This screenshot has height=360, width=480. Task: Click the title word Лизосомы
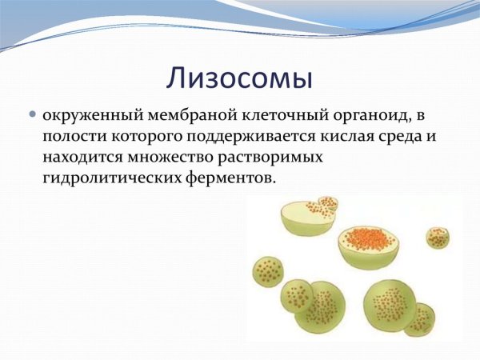click(239, 77)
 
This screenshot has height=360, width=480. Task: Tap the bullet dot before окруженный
click(33, 115)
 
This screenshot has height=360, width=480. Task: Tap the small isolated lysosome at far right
click(437, 237)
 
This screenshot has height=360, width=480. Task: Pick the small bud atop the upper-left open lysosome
click(327, 205)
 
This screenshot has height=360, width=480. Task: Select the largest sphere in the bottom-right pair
click(388, 305)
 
